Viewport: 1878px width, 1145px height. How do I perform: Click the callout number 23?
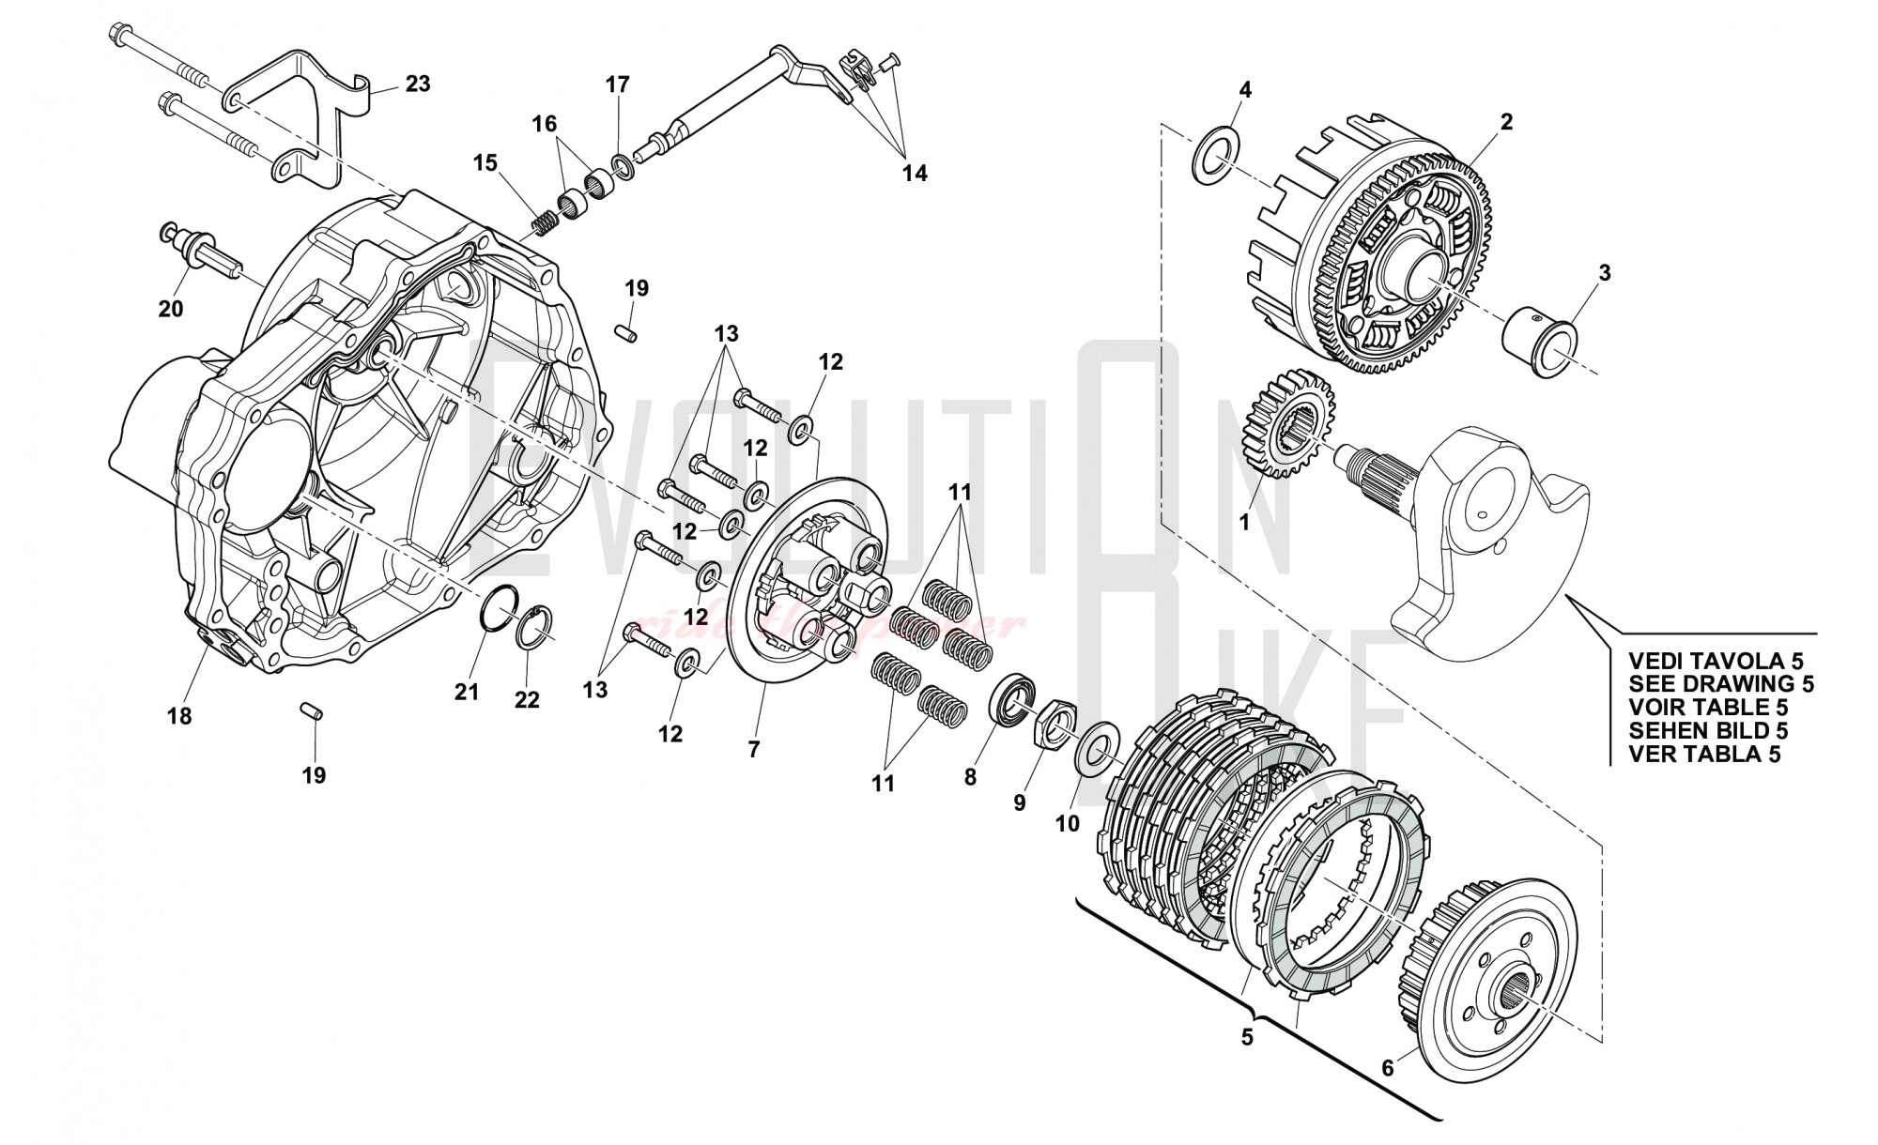(418, 84)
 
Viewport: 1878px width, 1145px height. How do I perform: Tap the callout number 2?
(1506, 122)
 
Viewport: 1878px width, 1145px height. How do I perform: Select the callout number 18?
(179, 716)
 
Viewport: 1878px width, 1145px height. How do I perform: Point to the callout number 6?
(1388, 1068)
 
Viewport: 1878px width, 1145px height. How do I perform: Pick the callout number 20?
(171, 308)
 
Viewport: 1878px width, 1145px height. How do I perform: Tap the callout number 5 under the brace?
(1247, 1037)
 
